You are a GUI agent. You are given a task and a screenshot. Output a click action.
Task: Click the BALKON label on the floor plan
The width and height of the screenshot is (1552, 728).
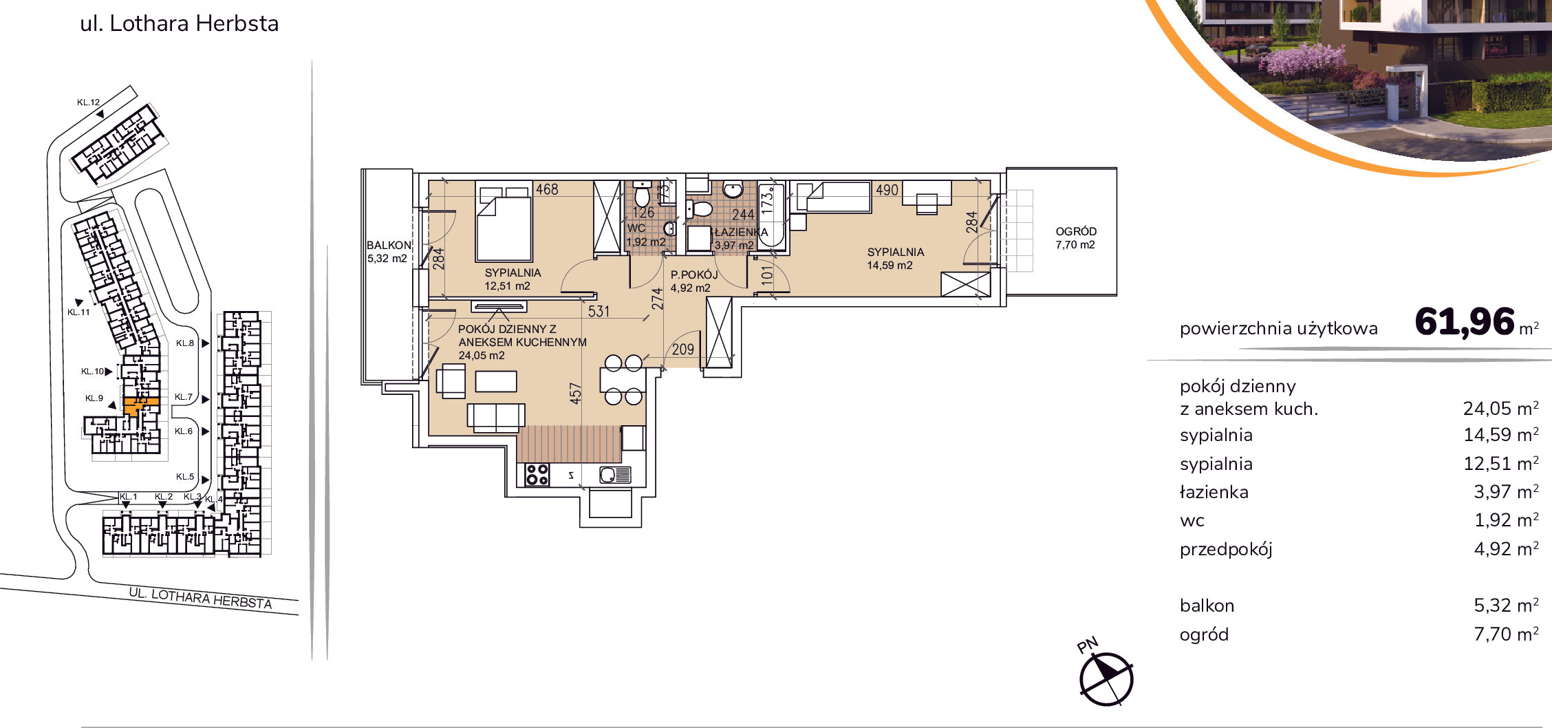click(389, 245)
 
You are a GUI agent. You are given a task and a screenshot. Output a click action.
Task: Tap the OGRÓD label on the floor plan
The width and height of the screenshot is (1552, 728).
click(1076, 232)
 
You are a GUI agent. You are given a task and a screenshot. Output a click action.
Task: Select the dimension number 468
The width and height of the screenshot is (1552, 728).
click(547, 189)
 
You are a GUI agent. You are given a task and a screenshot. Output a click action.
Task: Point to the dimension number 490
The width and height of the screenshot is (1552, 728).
click(887, 190)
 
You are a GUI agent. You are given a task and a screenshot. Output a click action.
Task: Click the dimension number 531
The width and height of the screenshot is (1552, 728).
click(599, 312)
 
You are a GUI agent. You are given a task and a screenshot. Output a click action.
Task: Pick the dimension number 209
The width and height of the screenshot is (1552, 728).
click(683, 350)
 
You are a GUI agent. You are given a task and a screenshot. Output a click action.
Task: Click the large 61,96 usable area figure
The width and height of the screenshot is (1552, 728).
click(1465, 321)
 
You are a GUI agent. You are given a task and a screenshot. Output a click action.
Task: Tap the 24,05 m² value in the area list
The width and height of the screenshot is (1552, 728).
click(1500, 409)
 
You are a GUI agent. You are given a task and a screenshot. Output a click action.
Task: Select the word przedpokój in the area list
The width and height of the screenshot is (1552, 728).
click(1226, 550)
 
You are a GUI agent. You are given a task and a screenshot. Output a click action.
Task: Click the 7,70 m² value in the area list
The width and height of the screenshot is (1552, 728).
click(1506, 634)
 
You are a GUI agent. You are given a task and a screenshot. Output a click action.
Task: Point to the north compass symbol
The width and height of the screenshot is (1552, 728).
click(1106, 679)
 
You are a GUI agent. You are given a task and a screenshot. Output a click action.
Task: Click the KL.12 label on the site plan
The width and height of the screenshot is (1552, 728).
click(89, 103)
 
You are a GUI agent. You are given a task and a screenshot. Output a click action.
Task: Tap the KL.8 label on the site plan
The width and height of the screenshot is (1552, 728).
click(185, 343)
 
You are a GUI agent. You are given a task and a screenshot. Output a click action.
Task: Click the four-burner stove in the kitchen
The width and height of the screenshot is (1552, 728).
click(537, 475)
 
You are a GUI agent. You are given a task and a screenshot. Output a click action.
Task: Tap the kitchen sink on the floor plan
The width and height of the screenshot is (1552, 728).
click(615, 475)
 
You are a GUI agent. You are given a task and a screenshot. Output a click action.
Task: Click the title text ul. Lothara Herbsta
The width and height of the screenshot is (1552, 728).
click(180, 23)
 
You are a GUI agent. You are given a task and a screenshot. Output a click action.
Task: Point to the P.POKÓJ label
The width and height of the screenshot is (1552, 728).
click(694, 275)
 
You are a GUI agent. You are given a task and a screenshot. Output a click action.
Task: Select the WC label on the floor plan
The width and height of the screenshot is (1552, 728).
click(636, 228)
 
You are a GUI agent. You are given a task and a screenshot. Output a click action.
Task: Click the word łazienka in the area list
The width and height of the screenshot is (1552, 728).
click(1214, 493)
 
